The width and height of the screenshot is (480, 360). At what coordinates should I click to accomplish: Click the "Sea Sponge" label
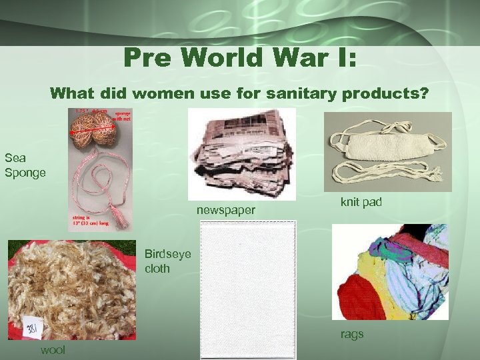tap(25, 165)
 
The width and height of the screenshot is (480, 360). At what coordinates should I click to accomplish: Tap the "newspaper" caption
tap(226, 211)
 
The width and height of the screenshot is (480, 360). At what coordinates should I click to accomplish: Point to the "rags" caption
tap(352, 334)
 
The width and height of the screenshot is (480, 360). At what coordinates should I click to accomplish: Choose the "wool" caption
tap(53, 350)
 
